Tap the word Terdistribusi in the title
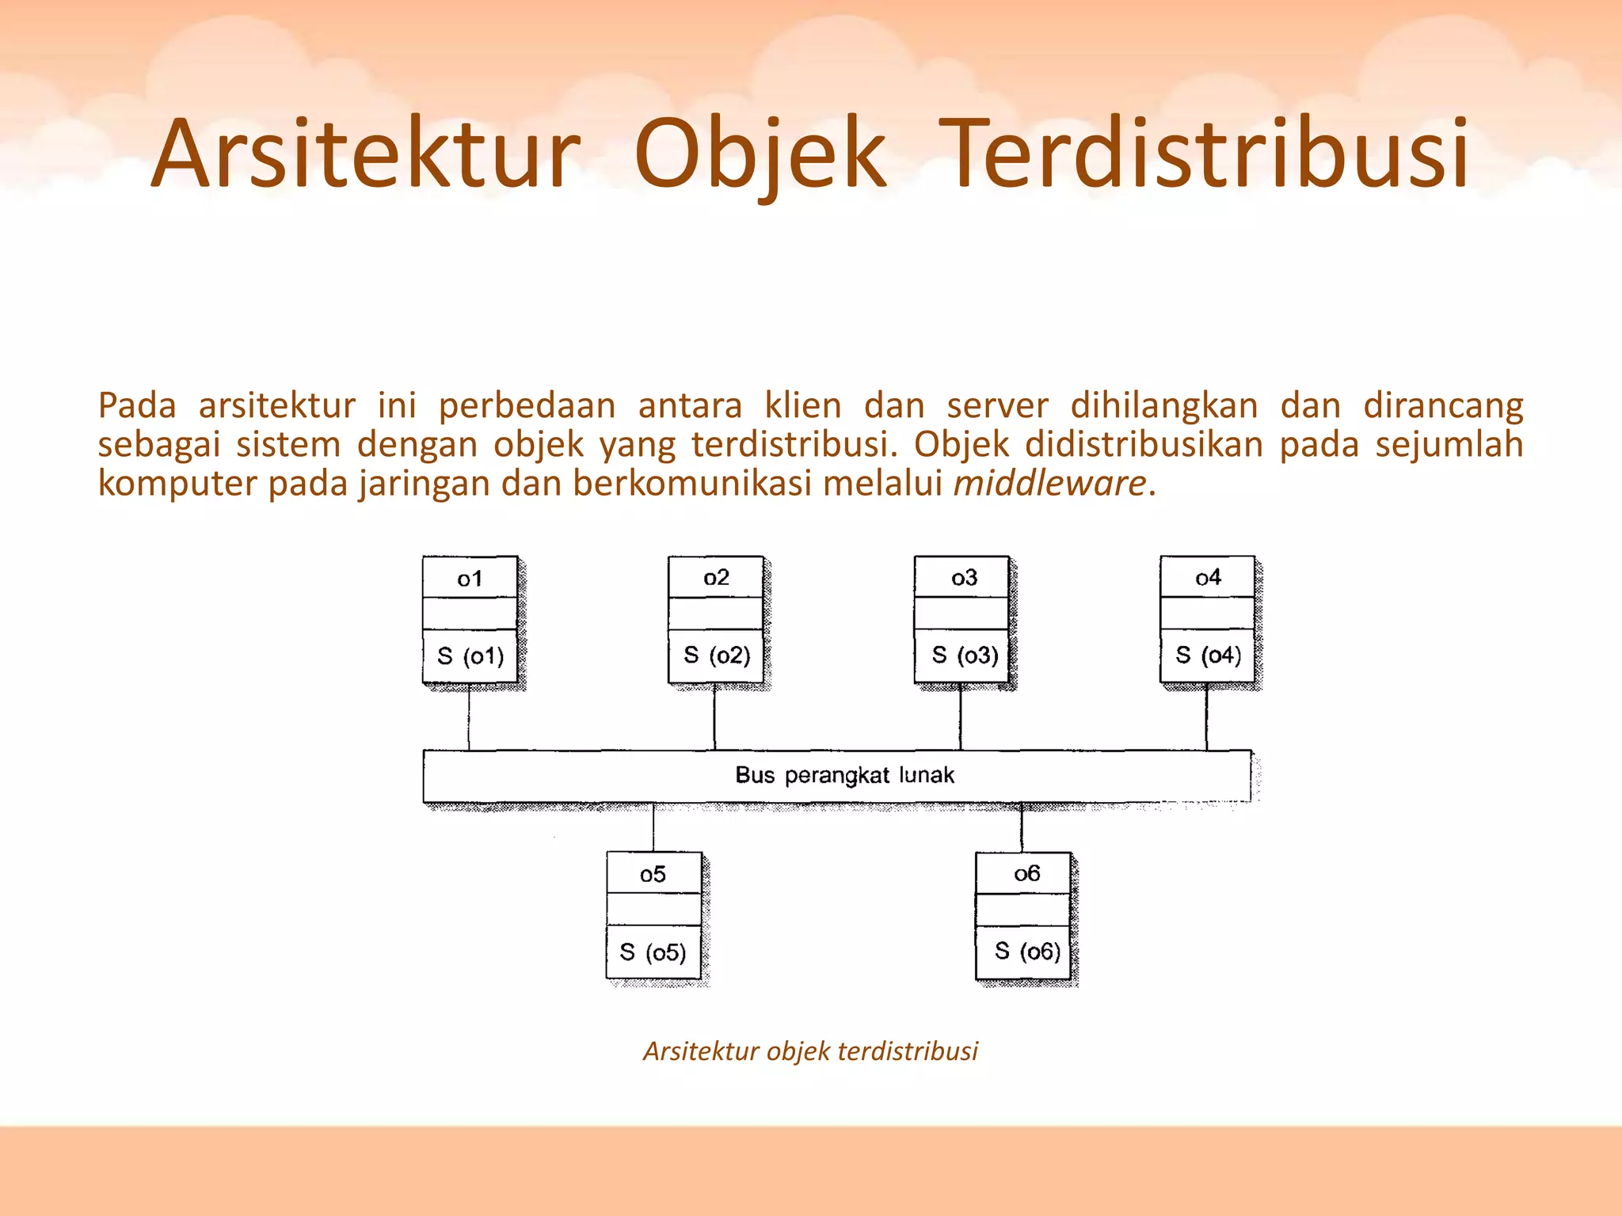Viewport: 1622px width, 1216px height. point(1207,154)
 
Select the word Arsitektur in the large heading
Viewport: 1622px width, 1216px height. point(366,154)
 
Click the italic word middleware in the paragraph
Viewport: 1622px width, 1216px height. point(1049,483)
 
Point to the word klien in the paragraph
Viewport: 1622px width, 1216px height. point(802,406)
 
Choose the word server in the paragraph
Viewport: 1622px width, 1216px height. point(997,406)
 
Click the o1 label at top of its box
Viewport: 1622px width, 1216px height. point(470,579)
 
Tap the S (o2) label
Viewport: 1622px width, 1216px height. point(717,655)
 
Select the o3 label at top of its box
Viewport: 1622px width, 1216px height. point(964,578)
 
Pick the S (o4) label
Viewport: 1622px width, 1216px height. point(1209,655)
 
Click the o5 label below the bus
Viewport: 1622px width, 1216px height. point(653,874)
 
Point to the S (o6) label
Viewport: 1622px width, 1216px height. point(1027,951)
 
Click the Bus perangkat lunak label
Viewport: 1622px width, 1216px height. point(844,775)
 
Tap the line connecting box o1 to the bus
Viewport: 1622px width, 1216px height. point(469,717)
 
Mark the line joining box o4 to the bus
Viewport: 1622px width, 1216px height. point(1207,717)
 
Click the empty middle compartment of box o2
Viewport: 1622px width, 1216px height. point(715,614)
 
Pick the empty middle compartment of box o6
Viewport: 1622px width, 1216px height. point(1022,910)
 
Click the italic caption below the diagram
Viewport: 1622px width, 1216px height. point(810,1051)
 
